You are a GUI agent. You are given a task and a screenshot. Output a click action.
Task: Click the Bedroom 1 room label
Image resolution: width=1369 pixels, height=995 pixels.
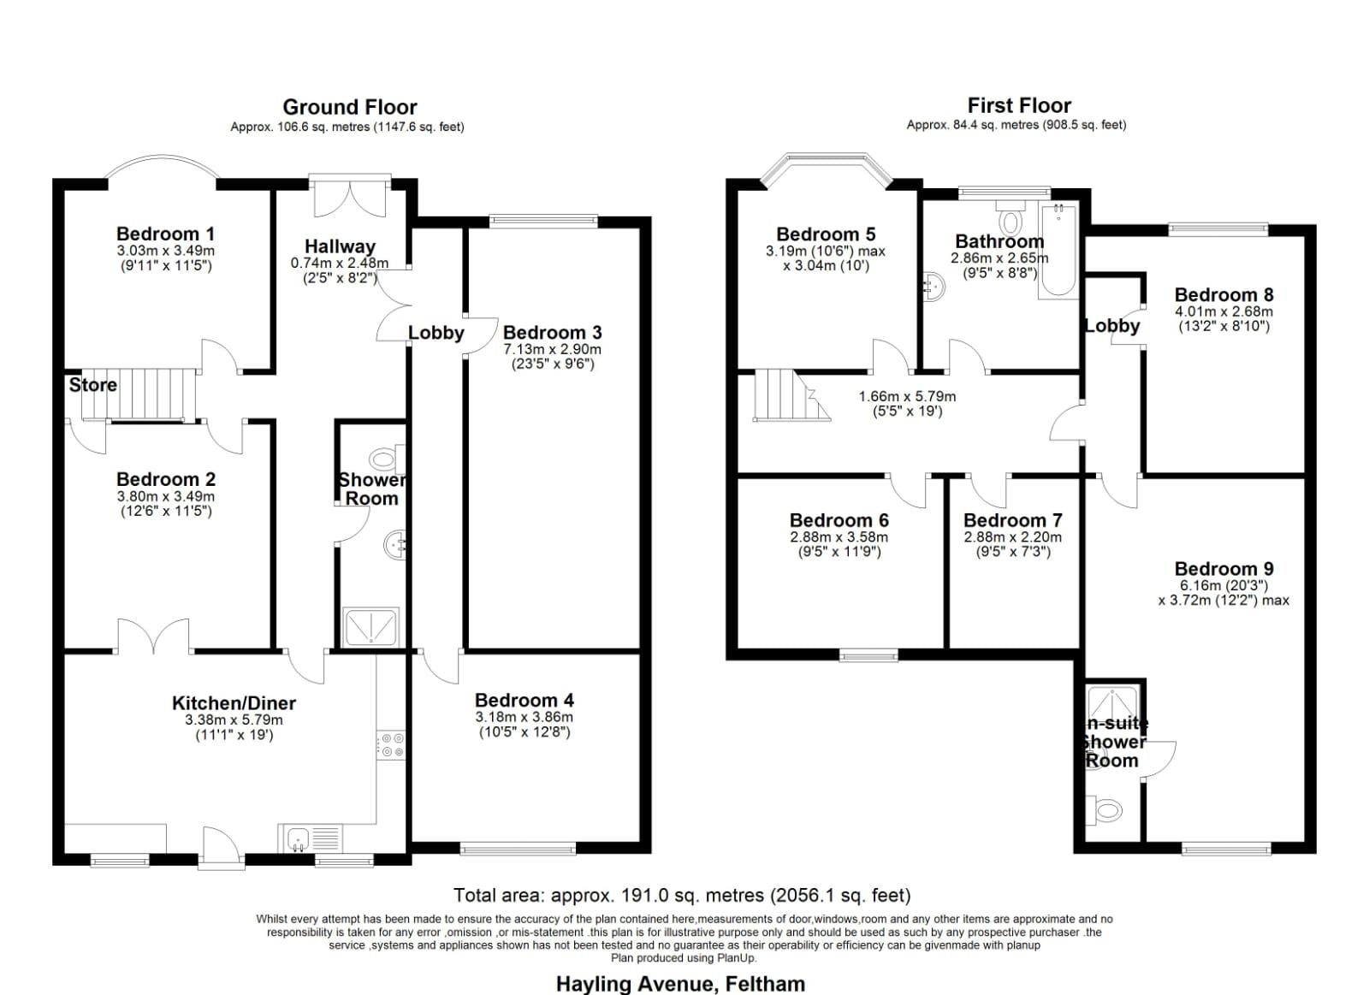(165, 234)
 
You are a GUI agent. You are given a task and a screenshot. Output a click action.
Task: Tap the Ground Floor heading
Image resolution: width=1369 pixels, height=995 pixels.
(350, 107)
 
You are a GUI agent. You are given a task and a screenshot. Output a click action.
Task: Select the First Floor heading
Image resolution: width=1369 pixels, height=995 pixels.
(1019, 105)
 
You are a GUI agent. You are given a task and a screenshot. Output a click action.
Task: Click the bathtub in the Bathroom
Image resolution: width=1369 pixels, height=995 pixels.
(1058, 251)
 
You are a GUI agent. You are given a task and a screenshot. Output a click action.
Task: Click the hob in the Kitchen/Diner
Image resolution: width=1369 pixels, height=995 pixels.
(390, 744)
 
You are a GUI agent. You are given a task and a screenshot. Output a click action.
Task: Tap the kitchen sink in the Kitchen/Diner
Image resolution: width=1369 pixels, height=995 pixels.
(299, 838)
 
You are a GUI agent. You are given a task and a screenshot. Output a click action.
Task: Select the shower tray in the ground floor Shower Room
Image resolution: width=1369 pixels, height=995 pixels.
(370, 626)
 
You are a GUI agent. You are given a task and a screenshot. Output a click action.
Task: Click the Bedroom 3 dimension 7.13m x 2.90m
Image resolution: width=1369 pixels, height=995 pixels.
(552, 349)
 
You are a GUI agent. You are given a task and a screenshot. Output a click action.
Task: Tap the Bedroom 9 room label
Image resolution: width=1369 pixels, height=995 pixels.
(1224, 569)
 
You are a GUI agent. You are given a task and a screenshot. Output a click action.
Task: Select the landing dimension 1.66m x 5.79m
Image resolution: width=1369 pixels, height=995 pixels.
(907, 397)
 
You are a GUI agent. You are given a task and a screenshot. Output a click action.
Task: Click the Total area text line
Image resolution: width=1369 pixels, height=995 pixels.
(682, 896)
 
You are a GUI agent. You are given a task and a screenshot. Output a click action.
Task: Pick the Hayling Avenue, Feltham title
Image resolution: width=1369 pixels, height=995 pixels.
(680, 984)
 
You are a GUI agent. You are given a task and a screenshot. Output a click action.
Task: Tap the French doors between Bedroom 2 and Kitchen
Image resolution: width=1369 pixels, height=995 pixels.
(154, 637)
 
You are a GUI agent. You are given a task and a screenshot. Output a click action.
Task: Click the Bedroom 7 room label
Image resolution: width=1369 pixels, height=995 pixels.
(1012, 520)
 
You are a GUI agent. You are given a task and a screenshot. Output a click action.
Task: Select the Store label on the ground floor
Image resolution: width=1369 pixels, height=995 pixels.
(92, 385)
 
